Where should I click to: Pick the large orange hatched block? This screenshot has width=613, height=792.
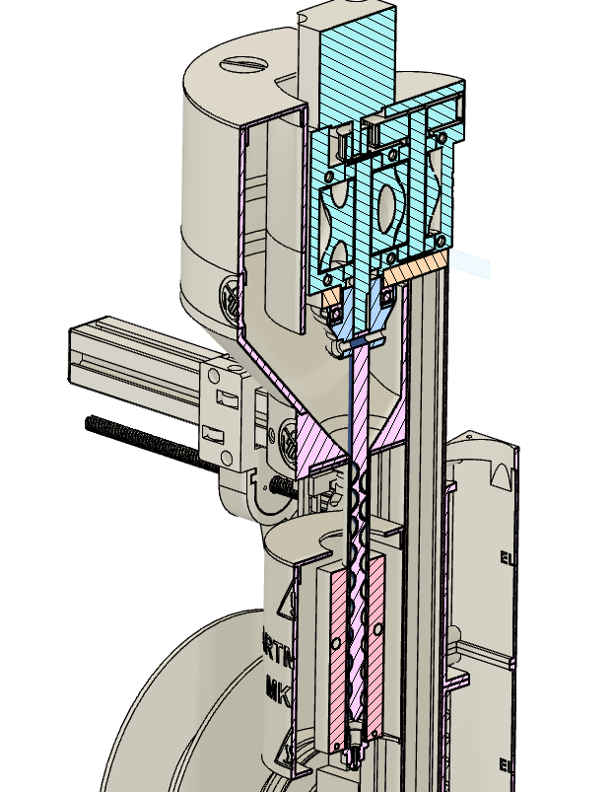coord(418,263)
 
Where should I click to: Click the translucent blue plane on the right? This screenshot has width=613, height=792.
coord(472,263)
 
